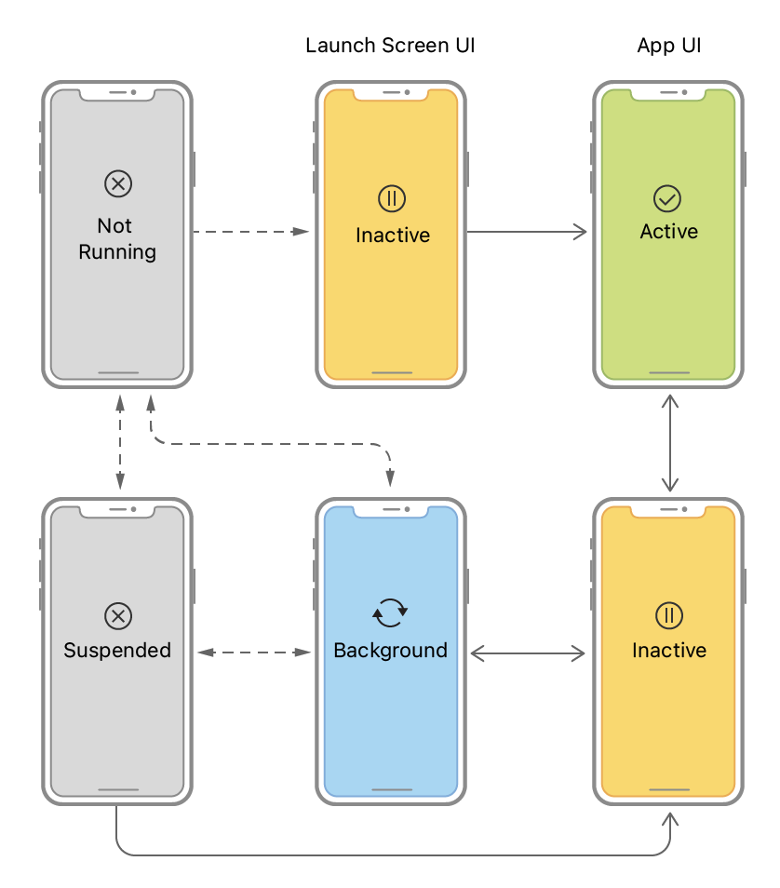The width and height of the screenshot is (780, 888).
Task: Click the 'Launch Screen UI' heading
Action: [x=390, y=46]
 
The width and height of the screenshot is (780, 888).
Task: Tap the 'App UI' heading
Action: [x=668, y=46]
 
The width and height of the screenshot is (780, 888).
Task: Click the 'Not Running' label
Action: [x=117, y=238]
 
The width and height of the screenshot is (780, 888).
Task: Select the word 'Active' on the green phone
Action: [x=668, y=232]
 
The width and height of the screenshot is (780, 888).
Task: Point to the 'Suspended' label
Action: [x=117, y=650]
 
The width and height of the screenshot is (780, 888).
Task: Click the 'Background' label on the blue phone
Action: [x=390, y=650]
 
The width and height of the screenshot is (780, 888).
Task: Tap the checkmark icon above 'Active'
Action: [x=668, y=197]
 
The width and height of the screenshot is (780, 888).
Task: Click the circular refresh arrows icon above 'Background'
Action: [x=390, y=612]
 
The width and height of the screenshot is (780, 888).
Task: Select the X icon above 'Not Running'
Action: [x=117, y=183]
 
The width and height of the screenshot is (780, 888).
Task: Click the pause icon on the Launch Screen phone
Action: [x=392, y=197]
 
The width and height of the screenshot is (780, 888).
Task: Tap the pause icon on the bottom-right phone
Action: [x=668, y=614]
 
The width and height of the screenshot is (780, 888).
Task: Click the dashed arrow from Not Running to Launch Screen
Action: [x=249, y=231]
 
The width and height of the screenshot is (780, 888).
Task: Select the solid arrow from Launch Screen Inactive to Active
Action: [x=527, y=232]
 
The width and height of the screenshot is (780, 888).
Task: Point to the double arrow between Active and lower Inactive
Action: [x=668, y=442]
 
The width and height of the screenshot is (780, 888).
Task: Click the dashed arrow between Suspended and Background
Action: [x=254, y=653]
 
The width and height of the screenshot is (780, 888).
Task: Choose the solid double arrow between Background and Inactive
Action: [x=527, y=654]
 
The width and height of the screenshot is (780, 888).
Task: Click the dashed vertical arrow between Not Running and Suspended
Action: [x=119, y=442]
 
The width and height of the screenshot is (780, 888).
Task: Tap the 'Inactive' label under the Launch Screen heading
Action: [x=392, y=235]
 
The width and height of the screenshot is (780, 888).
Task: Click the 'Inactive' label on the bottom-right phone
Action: [x=668, y=650]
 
